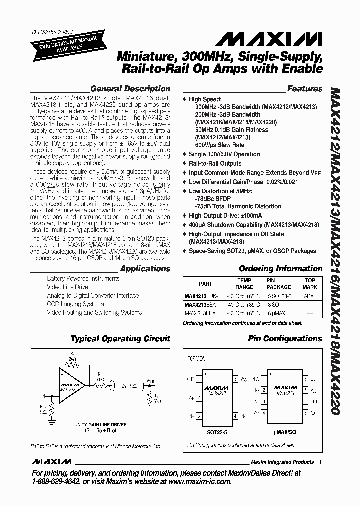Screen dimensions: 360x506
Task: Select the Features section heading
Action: (x=305, y=89)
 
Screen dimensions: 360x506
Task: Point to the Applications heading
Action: (x=145, y=269)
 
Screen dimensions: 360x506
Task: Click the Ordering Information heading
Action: (x=280, y=269)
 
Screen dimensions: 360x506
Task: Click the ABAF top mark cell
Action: (x=310, y=296)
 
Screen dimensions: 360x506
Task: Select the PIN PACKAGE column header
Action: (x=278, y=284)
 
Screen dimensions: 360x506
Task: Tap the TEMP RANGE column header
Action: (x=244, y=284)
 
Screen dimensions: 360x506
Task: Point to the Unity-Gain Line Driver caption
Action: (x=101, y=424)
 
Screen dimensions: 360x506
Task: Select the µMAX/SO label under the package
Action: (x=288, y=429)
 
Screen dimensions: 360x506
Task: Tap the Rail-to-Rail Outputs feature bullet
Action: (x=215, y=163)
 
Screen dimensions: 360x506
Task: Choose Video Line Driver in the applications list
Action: (x=68, y=287)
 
